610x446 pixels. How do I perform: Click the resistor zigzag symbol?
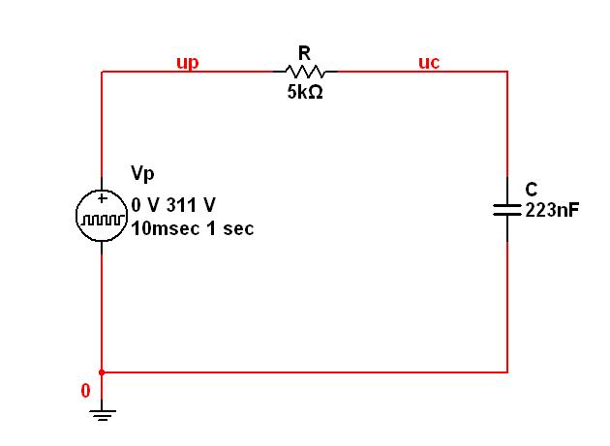point(305,72)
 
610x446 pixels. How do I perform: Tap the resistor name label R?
point(304,53)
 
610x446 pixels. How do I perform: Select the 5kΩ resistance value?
point(305,92)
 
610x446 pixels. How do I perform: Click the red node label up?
point(188,63)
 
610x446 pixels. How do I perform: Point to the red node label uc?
point(429,62)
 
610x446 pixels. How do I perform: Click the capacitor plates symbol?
point(507,210)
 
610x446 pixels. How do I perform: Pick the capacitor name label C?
point(531,190)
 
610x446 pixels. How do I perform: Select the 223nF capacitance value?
point(552,210)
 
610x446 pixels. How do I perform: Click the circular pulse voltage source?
point(102,216)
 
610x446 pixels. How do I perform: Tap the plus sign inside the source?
point(102,198)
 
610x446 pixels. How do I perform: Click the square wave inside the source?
point(102,220)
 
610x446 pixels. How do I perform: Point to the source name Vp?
point(142,173)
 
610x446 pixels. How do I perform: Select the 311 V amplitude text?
point(191,205)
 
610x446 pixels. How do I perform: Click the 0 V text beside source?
point(145,205)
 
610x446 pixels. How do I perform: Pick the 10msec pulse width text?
point(166,228)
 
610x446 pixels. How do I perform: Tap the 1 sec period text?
point(230,228)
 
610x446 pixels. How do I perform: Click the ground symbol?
point(102,415)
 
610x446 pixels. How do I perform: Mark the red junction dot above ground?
point(102,372)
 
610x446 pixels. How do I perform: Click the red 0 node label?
point(85,391)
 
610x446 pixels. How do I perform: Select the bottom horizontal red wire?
point(305,372)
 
